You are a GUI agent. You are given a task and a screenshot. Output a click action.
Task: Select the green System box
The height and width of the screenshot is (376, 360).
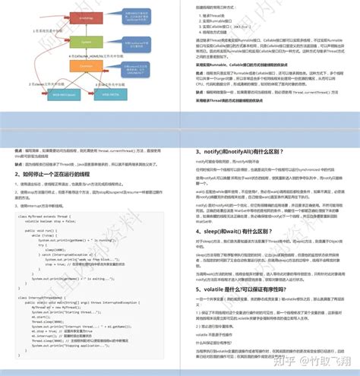[86, 43]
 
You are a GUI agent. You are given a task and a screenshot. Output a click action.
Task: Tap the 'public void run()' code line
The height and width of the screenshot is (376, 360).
[45, 229]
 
